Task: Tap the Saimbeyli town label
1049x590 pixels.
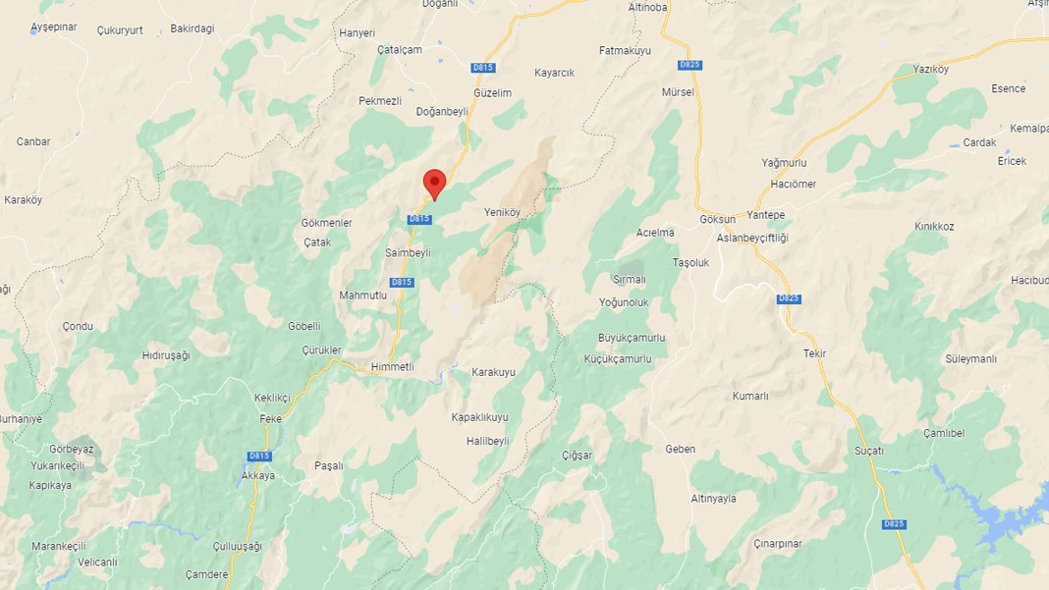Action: click(409, 252)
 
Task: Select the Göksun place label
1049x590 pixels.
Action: click(717, 220)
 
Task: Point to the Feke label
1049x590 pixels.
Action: click(270, 418)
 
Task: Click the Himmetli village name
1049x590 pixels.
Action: click(393, 366)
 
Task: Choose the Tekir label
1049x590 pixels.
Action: click(814, 353)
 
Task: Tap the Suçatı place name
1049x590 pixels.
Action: click(869, 451)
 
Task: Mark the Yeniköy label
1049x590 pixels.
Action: click(502, 212)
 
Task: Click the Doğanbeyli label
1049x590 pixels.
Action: click(442, 111)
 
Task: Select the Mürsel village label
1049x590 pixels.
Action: click(678, 92)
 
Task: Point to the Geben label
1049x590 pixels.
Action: click(680, 449)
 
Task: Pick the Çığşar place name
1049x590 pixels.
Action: click(577, 456)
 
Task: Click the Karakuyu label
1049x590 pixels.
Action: click(493, 372)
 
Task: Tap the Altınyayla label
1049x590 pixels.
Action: click(713, 499)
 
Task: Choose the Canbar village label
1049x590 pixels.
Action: click(33, 141)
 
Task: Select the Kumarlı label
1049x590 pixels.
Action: click(750, 396)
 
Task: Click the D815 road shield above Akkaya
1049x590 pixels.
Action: click(259, 456)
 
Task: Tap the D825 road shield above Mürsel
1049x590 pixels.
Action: click(690, 65)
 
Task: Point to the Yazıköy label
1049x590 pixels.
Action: click(930, 69)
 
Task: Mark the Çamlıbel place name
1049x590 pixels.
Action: click(945, 433)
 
